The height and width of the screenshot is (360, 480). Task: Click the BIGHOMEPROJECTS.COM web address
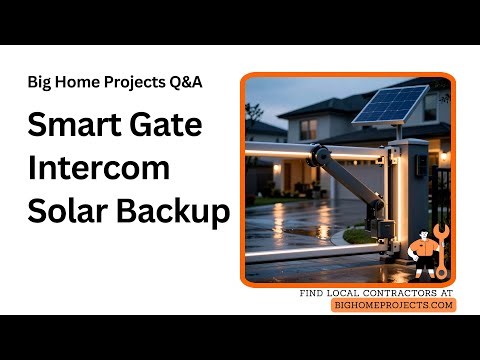[x=393, y=305]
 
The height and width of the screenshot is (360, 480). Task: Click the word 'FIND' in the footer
[x=314, y=293]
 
